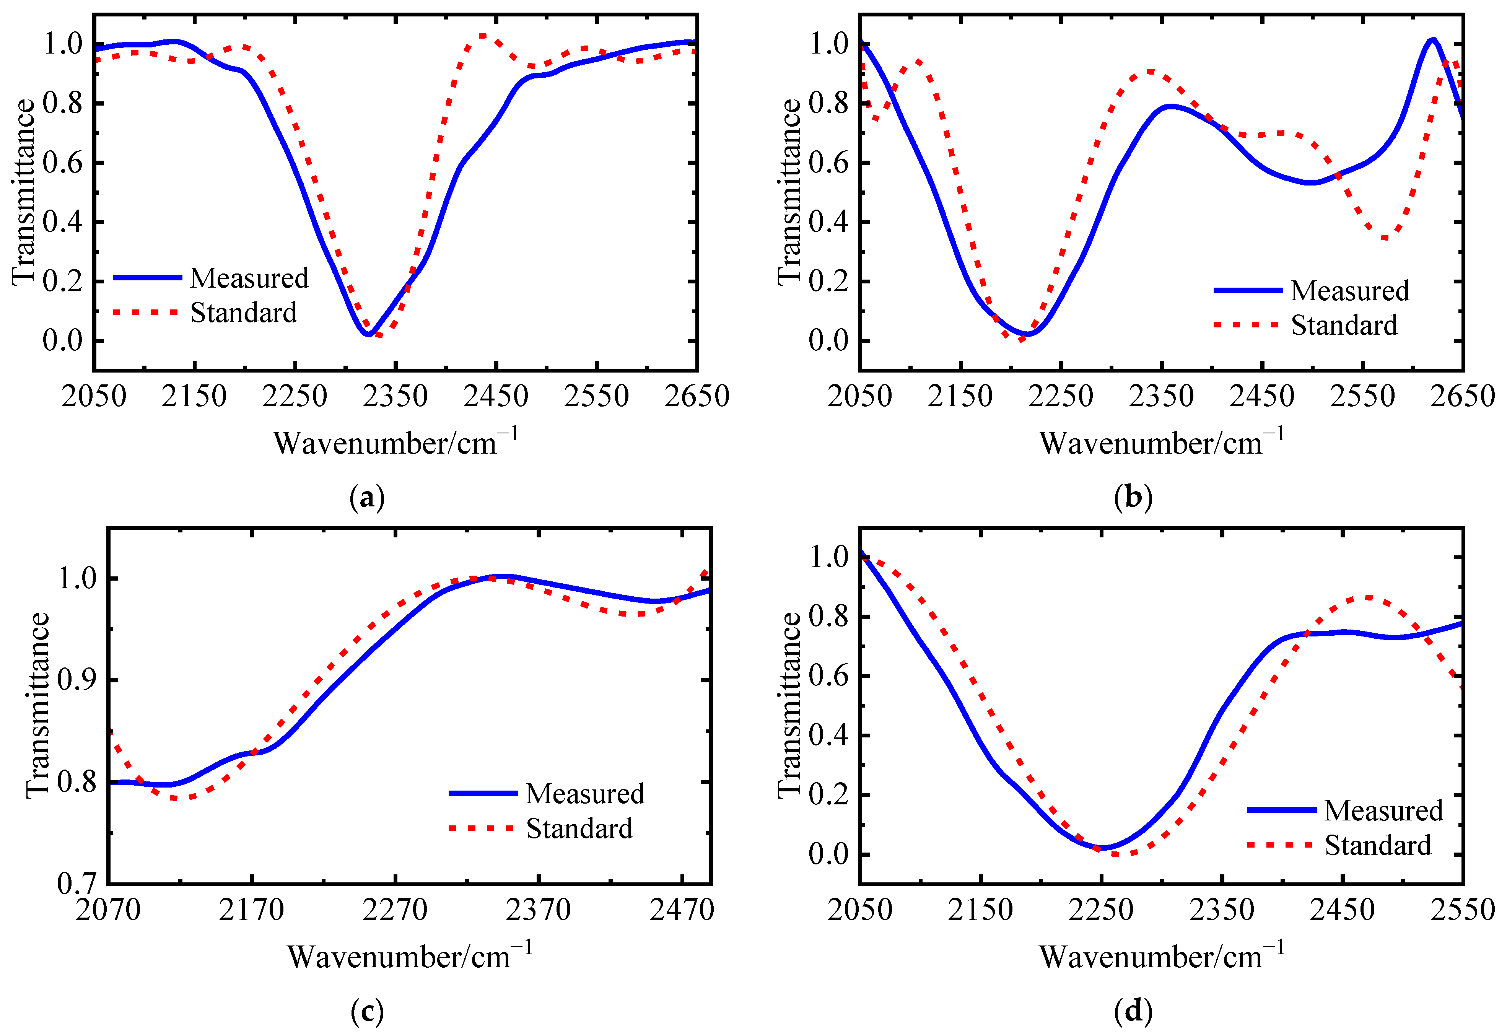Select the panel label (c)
[367, 1011]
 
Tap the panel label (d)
[1133, 1011]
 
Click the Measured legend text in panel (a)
[249, 278]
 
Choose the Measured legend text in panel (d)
[1383, 810]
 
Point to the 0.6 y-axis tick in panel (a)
[63, 163]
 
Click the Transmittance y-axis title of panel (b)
[789, 192]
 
